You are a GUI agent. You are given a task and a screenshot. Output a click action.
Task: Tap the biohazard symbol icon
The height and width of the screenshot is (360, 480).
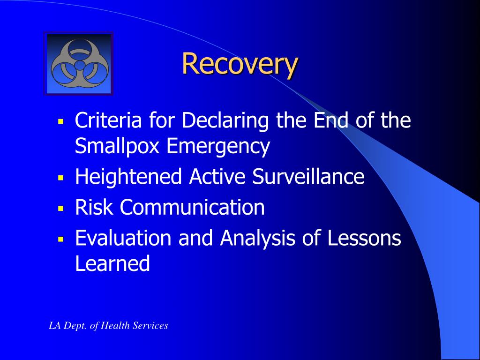[x=80, y=64]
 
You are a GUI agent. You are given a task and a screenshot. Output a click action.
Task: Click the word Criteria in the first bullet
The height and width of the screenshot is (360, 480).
[x=108, y=120]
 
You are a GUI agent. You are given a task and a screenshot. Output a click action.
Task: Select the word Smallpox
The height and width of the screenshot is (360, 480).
[x=117, y=146]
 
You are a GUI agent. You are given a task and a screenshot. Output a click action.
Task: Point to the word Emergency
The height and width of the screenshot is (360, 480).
[x=218, y=146]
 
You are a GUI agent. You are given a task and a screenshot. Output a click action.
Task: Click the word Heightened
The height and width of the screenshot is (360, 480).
[x=128, y=177]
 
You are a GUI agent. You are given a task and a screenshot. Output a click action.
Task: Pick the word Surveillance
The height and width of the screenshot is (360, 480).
[x=308, y=177]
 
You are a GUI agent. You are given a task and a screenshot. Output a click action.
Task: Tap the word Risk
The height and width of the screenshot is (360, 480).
[x=94, y=207]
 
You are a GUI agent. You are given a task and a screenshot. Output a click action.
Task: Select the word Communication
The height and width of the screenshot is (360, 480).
[x=192, y=207]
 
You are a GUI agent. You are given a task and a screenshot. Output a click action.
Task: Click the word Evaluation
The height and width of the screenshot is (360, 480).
[x=123, y=238]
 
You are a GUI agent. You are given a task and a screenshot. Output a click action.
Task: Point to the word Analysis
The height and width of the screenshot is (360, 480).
[x=257, y=238]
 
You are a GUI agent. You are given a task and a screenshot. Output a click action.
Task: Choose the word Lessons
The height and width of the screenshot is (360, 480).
[x=364, y=238]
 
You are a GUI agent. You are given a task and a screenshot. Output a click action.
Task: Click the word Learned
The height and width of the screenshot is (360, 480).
[x=112, y=263]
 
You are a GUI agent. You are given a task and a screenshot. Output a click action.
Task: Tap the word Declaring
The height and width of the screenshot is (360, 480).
[x=225, y=120]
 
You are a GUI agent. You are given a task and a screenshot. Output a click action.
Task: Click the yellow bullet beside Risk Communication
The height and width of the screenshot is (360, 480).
[x=60, y=208]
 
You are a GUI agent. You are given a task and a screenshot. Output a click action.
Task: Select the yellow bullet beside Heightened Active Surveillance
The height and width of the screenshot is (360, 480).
[x=60, y=177]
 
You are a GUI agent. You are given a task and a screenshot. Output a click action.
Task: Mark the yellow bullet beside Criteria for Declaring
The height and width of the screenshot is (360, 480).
[x=60, y=121]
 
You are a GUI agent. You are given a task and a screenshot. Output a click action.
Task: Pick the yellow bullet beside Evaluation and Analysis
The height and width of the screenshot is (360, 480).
[x=60, y=239]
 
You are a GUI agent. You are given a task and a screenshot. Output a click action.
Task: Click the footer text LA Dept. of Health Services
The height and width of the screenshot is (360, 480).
[x=108, y=325]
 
